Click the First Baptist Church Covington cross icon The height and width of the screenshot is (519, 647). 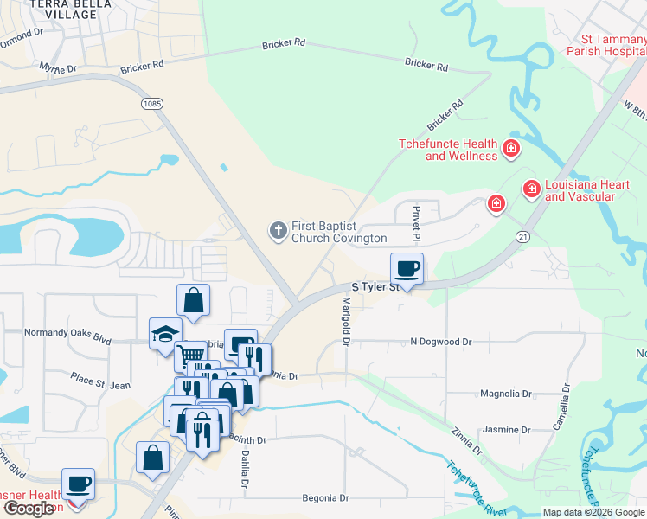(278, 230)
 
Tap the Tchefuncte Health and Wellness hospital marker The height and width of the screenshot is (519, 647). (511, 149)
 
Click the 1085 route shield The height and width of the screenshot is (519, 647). (151, 103)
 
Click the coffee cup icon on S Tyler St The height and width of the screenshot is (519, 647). (407, 269)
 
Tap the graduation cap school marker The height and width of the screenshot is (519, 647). (162, 335)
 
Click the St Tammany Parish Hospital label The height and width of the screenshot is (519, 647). (601, 44)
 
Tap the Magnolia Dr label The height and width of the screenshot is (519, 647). (506, 394)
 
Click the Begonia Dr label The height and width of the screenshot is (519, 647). (324, 498)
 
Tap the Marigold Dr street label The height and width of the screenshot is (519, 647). (345, 321)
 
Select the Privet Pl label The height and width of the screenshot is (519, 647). (416, 224)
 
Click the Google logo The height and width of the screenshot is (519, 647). (29, 509)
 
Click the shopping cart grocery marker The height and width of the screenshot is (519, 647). (190, 356)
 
